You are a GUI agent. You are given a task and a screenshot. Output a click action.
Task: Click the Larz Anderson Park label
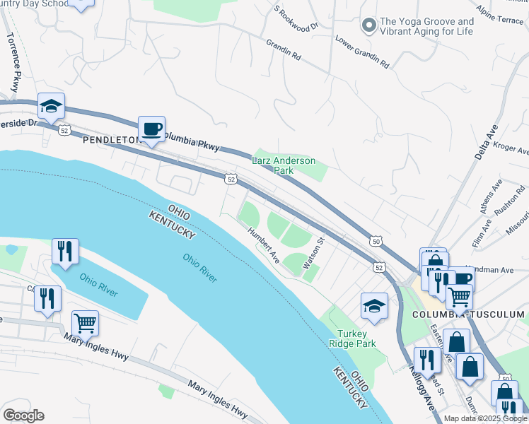284,165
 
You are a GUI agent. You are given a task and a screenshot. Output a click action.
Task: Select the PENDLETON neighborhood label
112,140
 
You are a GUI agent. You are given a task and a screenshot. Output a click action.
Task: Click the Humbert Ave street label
264,245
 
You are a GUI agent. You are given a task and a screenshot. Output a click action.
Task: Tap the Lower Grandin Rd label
362,52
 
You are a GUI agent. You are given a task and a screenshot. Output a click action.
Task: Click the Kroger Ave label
513,151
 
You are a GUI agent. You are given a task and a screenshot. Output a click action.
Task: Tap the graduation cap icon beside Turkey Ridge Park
374,305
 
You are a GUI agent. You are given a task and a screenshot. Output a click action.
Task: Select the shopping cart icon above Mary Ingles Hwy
85,323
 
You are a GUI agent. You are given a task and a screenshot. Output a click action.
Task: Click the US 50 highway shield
377,242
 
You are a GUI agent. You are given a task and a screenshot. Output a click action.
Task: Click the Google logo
23,416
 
